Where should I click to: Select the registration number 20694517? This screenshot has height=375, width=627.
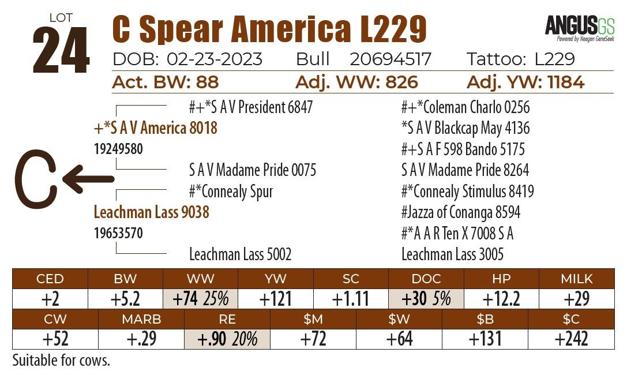(391, 59)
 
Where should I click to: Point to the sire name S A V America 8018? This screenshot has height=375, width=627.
(155, 127)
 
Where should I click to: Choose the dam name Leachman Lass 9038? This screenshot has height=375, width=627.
(151, 212)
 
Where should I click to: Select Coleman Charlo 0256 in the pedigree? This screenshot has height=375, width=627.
(465, 107)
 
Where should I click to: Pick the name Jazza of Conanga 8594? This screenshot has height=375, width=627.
(461, 212)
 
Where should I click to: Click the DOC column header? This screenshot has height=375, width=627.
(426, 279)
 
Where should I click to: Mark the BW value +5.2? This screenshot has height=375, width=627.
(125, 298)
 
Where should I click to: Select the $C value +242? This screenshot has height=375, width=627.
(571, 339)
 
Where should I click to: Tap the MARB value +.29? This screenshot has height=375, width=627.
(141, 339)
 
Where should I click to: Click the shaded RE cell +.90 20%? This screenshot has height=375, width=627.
(227, 339)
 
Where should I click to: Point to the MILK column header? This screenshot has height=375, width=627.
(577, 279)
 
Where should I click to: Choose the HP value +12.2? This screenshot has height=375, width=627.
(501, 298)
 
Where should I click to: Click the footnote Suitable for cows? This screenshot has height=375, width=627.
(61, 361)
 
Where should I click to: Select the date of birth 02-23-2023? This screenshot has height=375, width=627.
(215, 59)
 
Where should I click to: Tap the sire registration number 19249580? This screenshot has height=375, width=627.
(118, 149)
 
